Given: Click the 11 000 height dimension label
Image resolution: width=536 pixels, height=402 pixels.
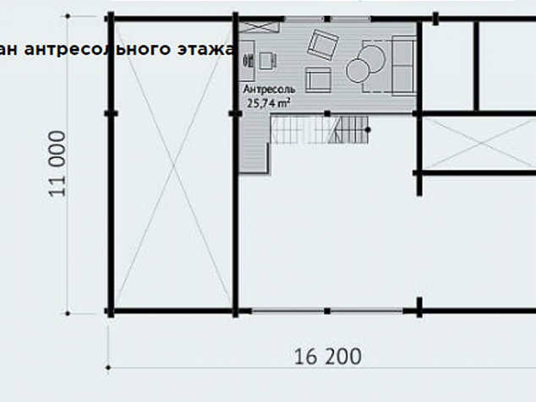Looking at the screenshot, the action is (57, 164).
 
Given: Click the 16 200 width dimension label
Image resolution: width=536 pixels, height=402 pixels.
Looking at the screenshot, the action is (327, 356).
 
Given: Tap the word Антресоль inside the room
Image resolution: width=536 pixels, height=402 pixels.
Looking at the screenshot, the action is (269, 90).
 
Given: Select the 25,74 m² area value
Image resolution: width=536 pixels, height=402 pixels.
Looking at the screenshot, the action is (269, 102).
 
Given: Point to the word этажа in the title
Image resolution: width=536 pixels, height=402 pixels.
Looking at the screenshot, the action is (205, 49).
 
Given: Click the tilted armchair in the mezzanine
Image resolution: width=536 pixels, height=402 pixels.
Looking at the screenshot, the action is (323, 45).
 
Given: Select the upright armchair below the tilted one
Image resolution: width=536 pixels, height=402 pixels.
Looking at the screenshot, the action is (318, 80).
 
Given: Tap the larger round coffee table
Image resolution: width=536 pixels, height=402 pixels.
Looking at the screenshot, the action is (372, 58).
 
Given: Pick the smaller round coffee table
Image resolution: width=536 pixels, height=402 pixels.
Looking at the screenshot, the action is (358, 70).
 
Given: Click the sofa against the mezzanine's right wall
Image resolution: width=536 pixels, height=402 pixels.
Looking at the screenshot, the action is (404, 65).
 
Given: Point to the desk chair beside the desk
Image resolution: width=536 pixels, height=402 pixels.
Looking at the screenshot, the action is (267, 61).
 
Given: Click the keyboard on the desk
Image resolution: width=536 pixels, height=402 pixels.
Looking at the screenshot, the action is (248, 61).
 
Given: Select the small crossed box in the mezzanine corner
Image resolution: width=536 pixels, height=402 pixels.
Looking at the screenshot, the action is (259, 27).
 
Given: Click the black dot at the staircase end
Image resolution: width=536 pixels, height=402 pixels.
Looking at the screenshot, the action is (368, 130).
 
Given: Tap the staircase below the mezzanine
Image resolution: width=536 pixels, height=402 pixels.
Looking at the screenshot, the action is (320, 129).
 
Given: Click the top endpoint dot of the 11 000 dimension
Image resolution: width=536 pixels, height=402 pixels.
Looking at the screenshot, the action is (68, 16).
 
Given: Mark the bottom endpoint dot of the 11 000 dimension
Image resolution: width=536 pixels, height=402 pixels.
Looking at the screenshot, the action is (68, 313).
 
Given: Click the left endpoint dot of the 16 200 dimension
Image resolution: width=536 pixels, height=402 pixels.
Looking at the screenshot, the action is (108, 368).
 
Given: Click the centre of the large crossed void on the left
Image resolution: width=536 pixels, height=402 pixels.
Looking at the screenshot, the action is (173, 165).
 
